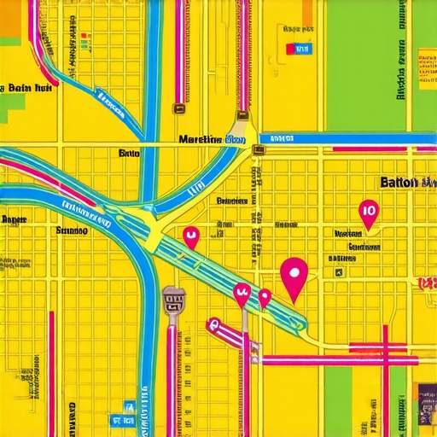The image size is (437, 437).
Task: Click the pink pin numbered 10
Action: pyautogui.click(x=369, y=211)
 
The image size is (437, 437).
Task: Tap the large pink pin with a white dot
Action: pyautogui.click(x=294, y=275)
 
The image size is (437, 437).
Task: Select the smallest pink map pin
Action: pyautogui.click(x=265, y=297)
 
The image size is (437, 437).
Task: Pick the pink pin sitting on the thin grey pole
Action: pyautogui.click(x=242, y=294)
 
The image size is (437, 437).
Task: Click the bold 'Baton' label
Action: pyautogui.click(x=397, y=183)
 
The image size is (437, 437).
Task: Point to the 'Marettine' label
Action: pyautogui.click(x=200, y=139)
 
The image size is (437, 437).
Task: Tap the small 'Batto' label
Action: pyautogui.click(x=129, y=154)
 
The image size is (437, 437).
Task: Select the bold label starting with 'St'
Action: pyautogui.click(x=71, y=230)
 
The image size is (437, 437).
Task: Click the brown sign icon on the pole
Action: pyautogui.click(x=173, y=300)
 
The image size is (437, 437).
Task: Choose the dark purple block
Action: pyautogui.click(x=427, y=401)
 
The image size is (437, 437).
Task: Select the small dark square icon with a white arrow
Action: pyautogui.click(x=339, y=273)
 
